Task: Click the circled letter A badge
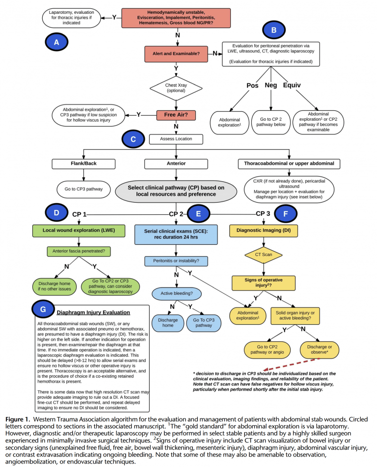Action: [57, 42]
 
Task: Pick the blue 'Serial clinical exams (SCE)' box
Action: [176, 233]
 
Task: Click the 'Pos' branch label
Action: [252, 85]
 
